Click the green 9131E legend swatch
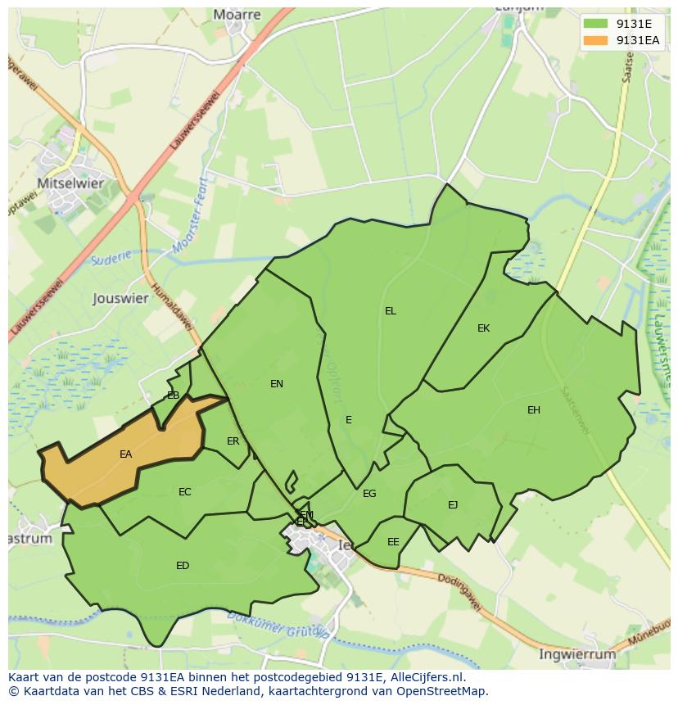595,24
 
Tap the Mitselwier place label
70,183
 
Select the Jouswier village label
120,298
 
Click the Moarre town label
237,14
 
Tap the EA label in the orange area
125,454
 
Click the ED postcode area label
183,566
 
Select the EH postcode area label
534,410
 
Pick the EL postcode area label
391,311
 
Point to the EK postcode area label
483,328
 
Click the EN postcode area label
277,384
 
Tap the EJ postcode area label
453,505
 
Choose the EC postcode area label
185,492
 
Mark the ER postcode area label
233,441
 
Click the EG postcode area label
369,494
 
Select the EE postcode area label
393,542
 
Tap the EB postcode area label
173,395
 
